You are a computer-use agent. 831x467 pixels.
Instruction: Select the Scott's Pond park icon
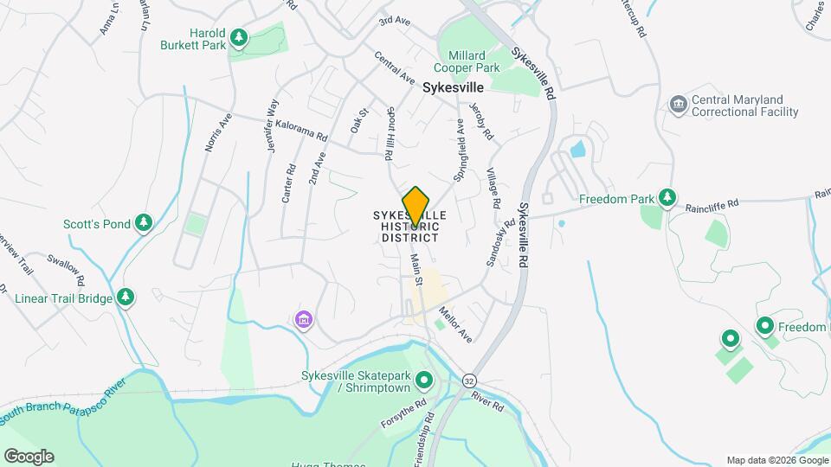coord(145,224)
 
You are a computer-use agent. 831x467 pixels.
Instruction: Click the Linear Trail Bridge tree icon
coord(126,297)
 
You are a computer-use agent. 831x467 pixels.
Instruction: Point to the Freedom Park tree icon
coord(667,199)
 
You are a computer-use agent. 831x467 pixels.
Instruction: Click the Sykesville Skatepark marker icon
coord(424,380)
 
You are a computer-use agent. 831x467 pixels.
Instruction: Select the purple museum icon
coord(303,321)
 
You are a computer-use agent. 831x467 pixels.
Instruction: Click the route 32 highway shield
coord(469,381)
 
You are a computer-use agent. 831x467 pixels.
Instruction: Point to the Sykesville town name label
coord(454,87)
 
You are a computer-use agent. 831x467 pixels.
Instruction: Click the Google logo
coord(29,456)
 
